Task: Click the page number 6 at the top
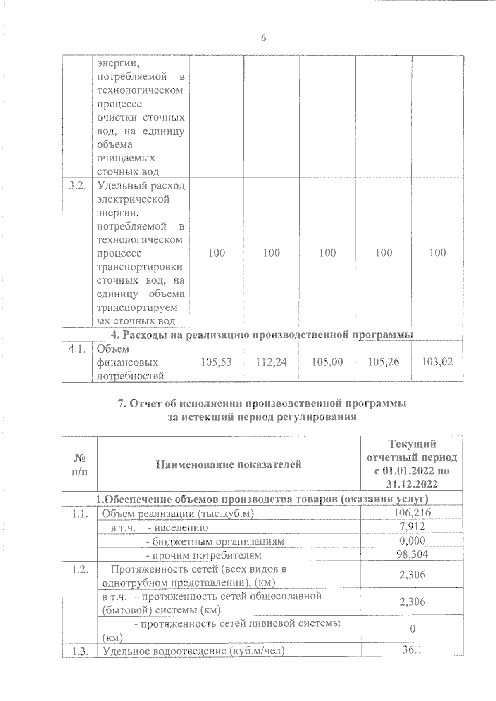(263, 38)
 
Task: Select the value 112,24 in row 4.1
(272, 362)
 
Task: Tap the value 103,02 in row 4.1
(437, 362)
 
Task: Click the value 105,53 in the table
(216, 362)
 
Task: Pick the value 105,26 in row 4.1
(383, 362)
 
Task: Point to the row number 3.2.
(77, 185)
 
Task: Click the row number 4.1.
(77, 349)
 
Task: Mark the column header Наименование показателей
(229, 464)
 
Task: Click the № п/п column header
(80, 464)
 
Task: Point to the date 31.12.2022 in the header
(412, 484)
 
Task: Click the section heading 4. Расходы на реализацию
(262, 334)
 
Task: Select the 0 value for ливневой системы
(412, 629)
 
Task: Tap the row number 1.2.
(78, 570)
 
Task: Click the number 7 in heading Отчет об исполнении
(122, 403)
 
